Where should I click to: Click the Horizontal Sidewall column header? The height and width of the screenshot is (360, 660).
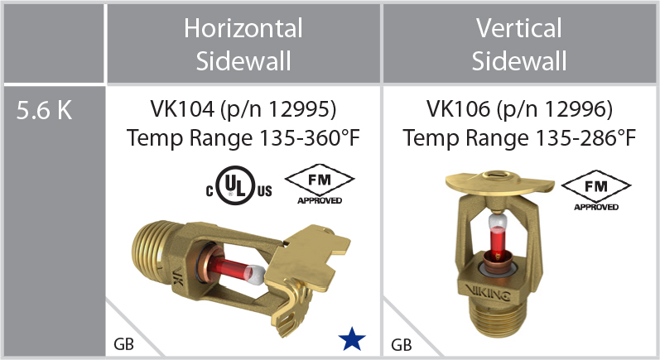243,45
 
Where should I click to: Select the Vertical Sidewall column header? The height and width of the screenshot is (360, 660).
519,45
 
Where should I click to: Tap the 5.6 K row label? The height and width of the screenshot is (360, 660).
44,111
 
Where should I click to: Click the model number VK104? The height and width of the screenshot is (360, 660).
182,109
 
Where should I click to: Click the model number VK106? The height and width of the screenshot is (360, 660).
458,109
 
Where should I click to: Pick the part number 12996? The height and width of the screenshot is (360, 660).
575,109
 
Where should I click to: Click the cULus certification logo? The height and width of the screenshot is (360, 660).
238,186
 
